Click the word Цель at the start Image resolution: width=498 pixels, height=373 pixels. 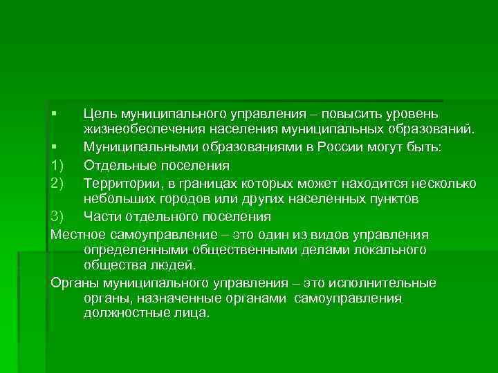(x=99, y=113)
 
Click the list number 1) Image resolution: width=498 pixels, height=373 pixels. (x=57, y=165)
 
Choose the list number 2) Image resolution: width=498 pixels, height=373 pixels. (x=57, y=182)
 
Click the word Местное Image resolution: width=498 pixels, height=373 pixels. (x=78, y=234)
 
